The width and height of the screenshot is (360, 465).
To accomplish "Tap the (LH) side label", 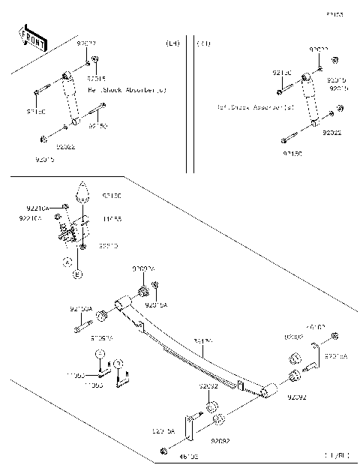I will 172,44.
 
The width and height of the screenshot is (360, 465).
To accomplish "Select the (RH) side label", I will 203,44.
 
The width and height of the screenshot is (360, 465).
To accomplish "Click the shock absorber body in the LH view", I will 71,97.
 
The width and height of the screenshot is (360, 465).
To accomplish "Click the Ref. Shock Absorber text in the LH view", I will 127,90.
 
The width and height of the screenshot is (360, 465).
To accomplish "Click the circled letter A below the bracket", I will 67,262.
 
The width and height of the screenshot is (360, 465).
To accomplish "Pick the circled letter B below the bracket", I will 76,274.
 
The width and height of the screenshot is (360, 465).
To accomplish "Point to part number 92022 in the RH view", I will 332,133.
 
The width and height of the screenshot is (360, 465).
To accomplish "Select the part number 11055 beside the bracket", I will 112,219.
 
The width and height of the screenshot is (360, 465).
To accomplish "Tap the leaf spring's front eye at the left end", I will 122,301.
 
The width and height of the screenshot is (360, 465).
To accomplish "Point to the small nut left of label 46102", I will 163,451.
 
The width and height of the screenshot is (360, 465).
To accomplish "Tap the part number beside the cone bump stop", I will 112,196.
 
